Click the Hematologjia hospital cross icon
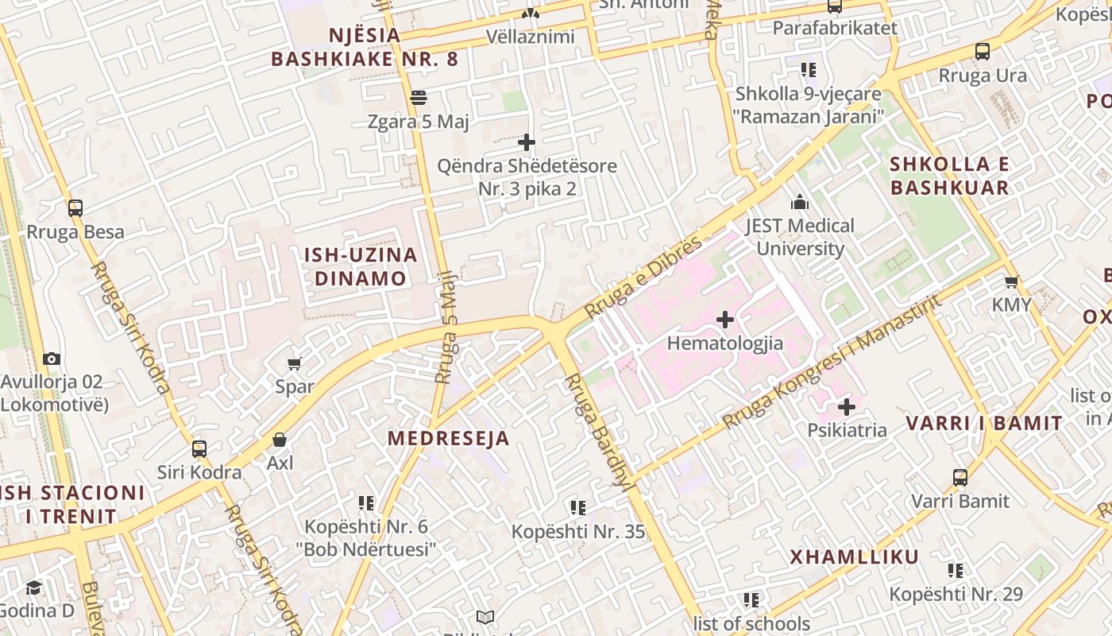(724, 320)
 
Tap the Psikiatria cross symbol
(847, 407)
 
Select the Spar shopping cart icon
(294, 363)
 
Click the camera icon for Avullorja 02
(52, 359)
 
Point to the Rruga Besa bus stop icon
(75, 208)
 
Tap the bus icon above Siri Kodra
(199, 448)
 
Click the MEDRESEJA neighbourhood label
(448, 438)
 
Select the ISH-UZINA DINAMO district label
(361, 266)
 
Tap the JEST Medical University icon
(800, 203)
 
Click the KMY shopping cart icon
(1011, 281)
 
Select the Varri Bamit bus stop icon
(960, 478)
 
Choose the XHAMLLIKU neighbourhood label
(854, 556)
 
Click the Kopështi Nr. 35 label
(577, 532)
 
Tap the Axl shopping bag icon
(280, 440)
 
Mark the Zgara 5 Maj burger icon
(419, 98)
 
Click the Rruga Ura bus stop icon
(983, 52)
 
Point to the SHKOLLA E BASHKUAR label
(949, 176)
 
